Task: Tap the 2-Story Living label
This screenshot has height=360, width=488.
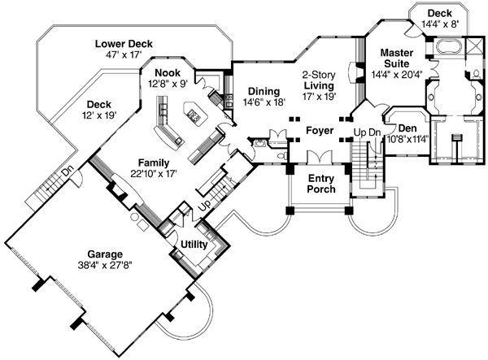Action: coord(318,78)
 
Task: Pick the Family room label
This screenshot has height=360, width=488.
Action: coord(153,162)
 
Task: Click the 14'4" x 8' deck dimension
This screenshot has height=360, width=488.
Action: coord(440,25)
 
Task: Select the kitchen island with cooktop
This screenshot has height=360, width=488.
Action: coord(196,115)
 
